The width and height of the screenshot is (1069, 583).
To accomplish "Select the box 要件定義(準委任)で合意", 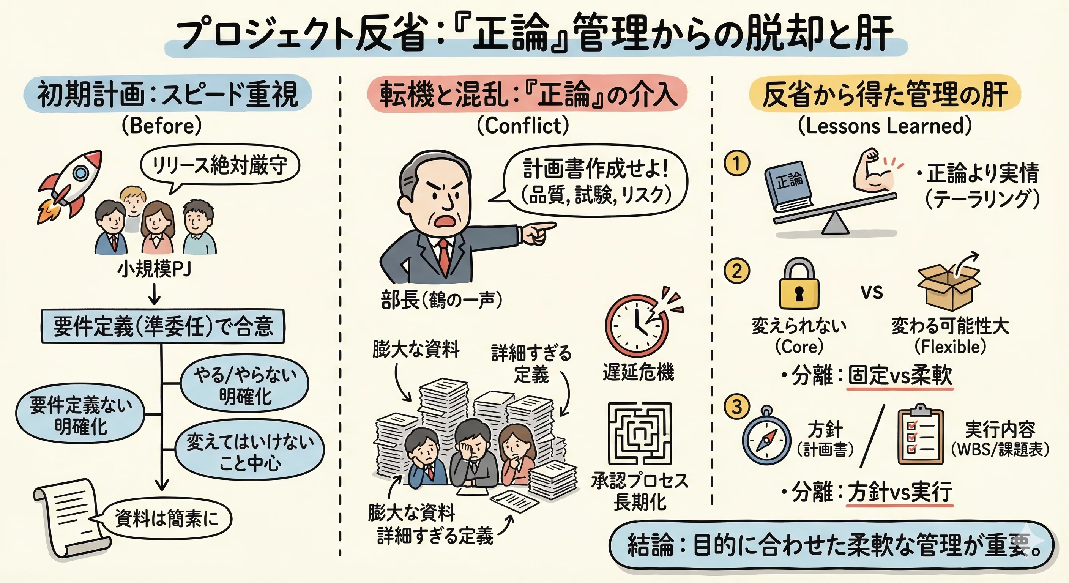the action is [x=163, y=326].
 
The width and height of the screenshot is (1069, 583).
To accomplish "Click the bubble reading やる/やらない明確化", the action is [x=245, y=386].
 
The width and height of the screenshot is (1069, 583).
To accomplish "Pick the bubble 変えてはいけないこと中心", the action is [x=249, y=453].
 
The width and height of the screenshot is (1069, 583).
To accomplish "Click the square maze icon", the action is [x=640, y=433].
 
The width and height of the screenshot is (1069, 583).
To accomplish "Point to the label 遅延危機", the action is [x=638, y=371].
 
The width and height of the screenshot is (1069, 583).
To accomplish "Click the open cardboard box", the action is [x=949, y=286].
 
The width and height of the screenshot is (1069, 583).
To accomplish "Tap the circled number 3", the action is [x=737, y=407].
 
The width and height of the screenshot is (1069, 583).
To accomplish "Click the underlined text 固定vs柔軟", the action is [x=900, y=376].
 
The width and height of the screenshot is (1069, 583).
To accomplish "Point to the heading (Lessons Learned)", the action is [x=885, y=126].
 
